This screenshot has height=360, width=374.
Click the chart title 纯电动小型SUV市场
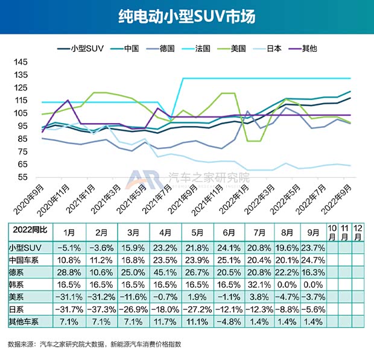(x=186, y=16)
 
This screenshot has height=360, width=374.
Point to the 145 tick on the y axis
(x=20, y=63)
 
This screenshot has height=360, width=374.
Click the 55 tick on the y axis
(x=22, y=177)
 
